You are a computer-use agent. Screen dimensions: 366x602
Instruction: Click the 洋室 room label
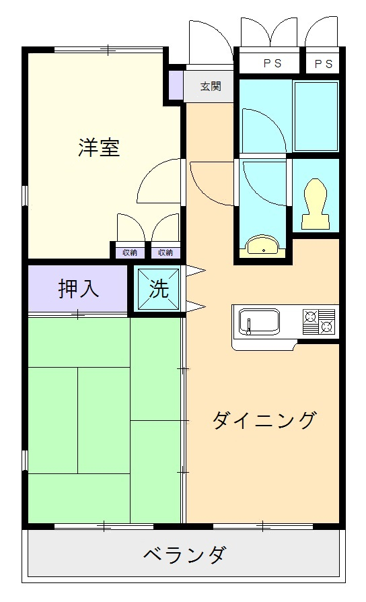point(99,147)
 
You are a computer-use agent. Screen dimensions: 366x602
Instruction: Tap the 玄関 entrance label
point(211,86)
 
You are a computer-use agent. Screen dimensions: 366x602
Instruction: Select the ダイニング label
point(264,420)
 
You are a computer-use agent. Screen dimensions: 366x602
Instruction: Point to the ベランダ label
point(184,554)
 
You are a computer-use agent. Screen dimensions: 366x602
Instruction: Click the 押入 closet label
point(79,288)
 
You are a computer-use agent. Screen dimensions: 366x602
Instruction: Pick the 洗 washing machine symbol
point(159,288)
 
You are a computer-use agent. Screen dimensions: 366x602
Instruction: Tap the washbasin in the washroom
point(264,246)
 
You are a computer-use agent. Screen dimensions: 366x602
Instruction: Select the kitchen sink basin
point(259,322)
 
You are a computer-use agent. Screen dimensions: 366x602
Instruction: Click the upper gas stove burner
point(310,316)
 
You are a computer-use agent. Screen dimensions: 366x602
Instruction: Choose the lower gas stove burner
point(327,327)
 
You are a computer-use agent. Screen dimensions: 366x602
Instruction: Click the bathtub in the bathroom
point(316,116)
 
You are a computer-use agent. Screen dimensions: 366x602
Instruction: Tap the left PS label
point(272,63)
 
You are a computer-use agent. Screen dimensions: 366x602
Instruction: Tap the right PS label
point(324,64)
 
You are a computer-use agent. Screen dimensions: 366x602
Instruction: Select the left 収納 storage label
point(130,253)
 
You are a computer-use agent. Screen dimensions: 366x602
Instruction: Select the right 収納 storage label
point(166,253)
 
